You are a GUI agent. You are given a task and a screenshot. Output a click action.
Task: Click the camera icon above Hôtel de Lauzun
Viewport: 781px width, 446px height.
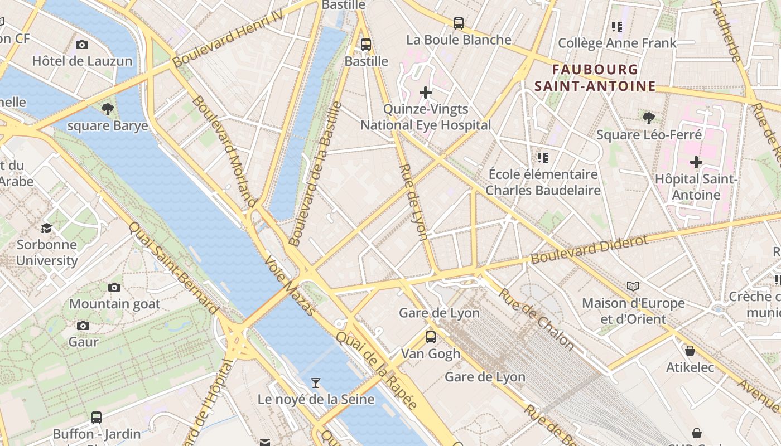82,45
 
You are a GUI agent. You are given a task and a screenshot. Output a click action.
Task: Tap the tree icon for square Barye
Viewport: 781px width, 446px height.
108,109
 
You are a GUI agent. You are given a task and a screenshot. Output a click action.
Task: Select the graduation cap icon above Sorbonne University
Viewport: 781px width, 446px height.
46,228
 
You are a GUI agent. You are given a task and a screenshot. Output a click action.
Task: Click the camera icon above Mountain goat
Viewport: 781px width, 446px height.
114,288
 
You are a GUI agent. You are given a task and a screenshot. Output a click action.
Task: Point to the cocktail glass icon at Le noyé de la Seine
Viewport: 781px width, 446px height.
316,382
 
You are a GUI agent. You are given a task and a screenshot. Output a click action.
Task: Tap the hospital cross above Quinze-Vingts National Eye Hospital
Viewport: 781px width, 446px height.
426,93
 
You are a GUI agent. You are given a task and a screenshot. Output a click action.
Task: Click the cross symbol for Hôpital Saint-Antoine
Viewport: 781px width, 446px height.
696,162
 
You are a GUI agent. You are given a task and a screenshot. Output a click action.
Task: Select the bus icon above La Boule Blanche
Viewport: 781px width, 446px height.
459,23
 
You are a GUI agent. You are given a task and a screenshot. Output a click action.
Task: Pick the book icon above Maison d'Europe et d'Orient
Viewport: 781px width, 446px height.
633,287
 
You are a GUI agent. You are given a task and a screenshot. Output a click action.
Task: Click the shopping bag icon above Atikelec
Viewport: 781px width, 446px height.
690,351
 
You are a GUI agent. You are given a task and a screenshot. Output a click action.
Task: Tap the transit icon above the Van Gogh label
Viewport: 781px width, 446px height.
431,337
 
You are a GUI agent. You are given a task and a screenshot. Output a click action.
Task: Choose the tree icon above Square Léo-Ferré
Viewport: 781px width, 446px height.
648,118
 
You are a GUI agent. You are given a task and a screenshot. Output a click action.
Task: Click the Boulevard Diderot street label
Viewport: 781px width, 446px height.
589,249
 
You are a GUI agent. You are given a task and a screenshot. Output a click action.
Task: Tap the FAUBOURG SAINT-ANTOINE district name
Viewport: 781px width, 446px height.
595,77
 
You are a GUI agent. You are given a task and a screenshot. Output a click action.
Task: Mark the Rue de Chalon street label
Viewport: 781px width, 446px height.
536,319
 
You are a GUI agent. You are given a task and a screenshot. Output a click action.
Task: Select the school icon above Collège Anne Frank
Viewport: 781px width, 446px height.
617,26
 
